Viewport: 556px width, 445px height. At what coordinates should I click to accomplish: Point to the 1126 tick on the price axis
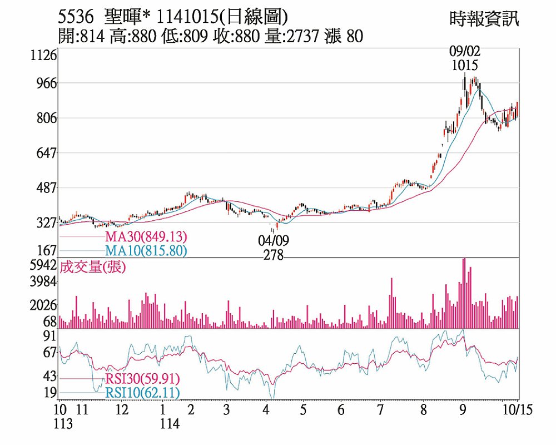44,56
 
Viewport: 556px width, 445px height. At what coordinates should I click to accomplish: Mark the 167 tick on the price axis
47,250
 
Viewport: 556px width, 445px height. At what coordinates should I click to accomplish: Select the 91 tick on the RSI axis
50,336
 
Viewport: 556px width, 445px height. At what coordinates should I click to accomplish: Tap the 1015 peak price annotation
465,66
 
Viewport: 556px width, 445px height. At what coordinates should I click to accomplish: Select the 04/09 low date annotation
274,241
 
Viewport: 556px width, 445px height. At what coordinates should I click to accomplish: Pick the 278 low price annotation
274,255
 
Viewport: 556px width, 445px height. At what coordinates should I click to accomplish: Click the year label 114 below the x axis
170,424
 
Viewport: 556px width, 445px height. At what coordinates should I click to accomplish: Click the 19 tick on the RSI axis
50,393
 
